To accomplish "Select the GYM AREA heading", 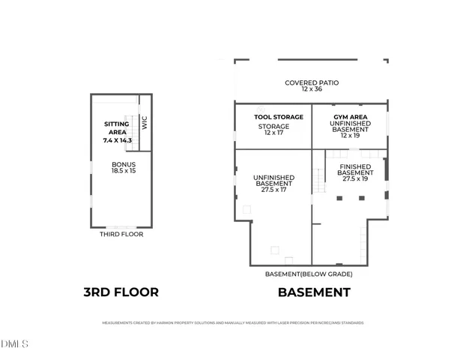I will (351, 117).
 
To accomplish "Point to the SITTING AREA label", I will (116, 127).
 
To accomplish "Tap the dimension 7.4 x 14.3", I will (118, 140).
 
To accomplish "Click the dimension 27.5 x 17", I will (273, 190).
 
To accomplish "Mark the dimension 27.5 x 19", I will (357, 180).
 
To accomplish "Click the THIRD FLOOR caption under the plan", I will (121, 234).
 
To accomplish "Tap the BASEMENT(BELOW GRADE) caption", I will (308, 274).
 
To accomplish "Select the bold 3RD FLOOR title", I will (121, 292).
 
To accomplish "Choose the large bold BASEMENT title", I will (314, 292).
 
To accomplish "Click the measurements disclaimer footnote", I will (233, 323).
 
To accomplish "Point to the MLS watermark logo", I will (15, 344).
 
